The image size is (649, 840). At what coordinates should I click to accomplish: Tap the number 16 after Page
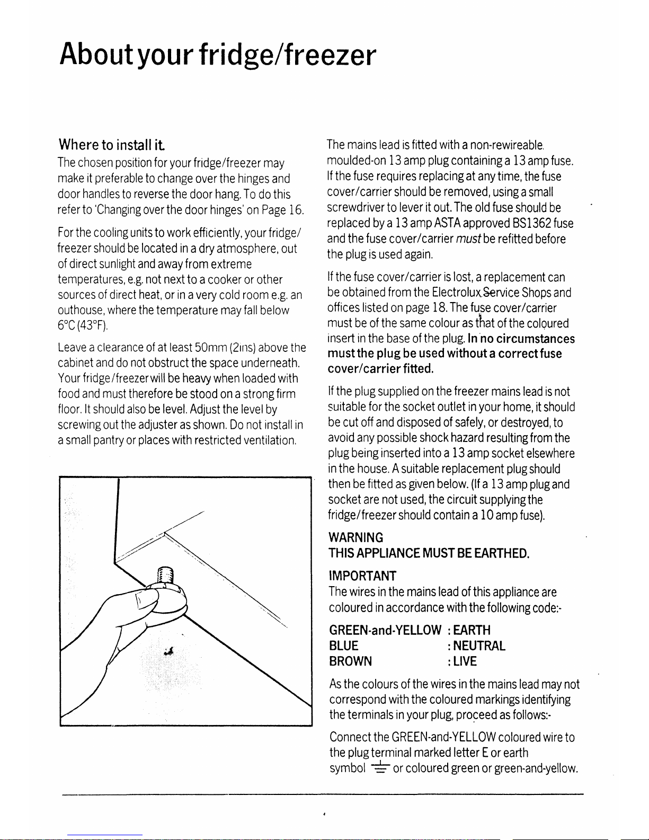[x=297, y=210]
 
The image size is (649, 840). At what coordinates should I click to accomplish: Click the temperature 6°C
[x=67, y=325]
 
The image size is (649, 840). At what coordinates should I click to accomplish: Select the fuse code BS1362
[x=530, y=223]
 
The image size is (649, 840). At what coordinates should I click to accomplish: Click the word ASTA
[x=448, y=223]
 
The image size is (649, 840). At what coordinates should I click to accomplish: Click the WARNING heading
[x=355, y=538]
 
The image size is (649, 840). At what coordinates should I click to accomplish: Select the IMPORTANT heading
[x=362, y=576]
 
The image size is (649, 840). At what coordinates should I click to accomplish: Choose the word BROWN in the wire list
[x=350, y=661]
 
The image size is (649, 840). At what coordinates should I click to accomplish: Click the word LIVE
[x=465, y=661]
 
